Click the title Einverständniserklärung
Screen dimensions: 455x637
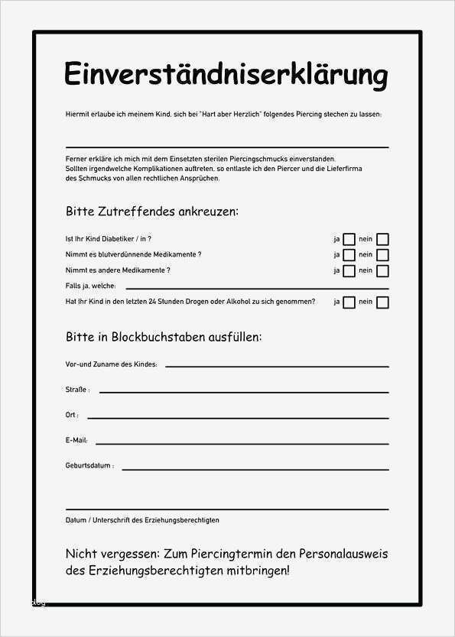pyautogui.click(x=226, y=75)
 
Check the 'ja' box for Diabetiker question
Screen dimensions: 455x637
pyautogui.click(x=349, y=239)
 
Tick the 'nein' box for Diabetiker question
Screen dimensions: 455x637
pyautogui.click(x=382, y=239)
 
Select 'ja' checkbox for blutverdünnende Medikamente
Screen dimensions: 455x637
pyautogui.click(x=349, y=255)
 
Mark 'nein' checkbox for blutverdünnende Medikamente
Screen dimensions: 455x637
pyautogui.click(x=382, y=255)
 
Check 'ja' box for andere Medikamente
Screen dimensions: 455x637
pyautogui.click(x=349, y=270)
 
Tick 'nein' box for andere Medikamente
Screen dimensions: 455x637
pyautogui.click(x=382, y=270)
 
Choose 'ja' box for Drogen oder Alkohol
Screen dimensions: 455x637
pyautogui.click(x=349, y=302)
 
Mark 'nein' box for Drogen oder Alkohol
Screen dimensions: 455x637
pyautogui.click(x=382, y=302)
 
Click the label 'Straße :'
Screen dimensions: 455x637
pyautogui.click(x=77, y=390)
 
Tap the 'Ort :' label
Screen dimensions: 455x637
pyautogui.click(x=73, y=416)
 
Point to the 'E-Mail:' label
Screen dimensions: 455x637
pyautogui.click(x=76, y=441)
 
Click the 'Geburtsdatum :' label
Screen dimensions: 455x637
pyautogui.click(x=89, y=465)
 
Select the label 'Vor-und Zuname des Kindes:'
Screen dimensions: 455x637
pyautogui.click(x=112, y=365)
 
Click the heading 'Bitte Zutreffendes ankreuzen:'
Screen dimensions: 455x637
pyautogui.click(x=152, y=211)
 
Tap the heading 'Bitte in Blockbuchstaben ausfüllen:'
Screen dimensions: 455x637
pyautogui.click(x=164, y=337)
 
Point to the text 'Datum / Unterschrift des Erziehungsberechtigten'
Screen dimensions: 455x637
pyautogui.click(x=142, y=520)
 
